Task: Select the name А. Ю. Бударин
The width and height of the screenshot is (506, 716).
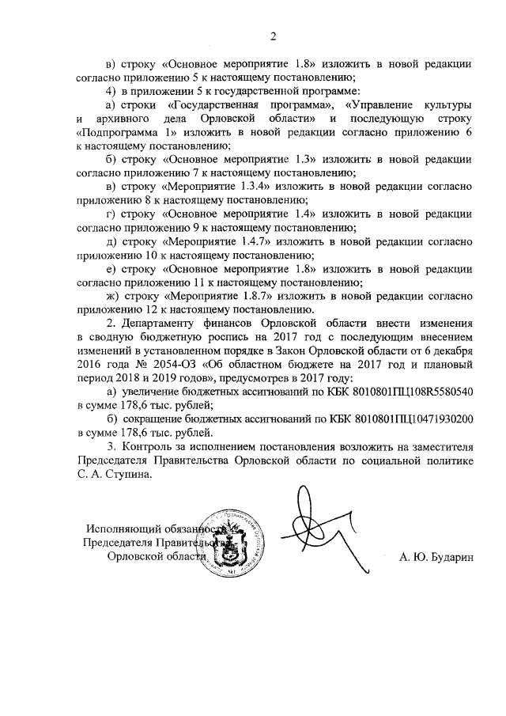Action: pyautogui.click(x=436, y=557)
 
